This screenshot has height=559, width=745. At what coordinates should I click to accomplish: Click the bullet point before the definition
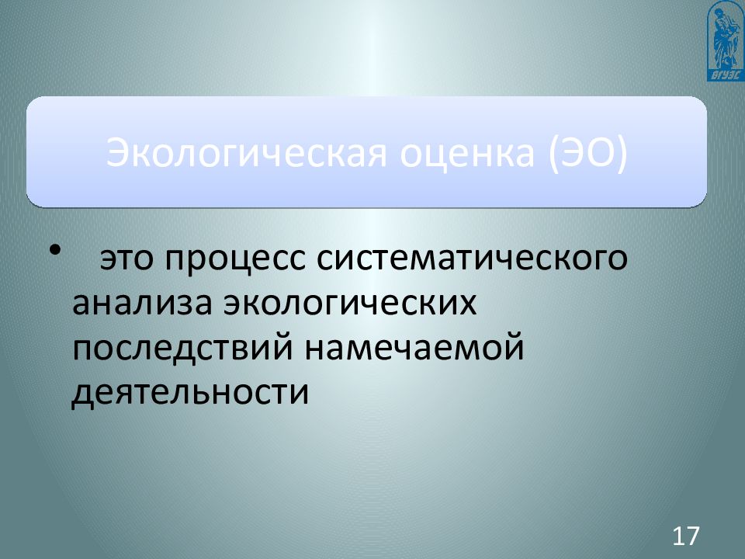point(54,251)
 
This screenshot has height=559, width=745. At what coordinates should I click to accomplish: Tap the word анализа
point(144,304)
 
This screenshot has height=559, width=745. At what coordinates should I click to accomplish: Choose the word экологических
point(350,304)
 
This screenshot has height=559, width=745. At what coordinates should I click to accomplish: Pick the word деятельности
point(190,391)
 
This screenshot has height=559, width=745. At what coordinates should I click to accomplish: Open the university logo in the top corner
point(726,40)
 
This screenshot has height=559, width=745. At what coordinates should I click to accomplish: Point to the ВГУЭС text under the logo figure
point(726,75)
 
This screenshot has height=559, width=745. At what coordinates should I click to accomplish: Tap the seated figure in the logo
point(726,35)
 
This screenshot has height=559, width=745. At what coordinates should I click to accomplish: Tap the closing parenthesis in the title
point(620,152)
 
